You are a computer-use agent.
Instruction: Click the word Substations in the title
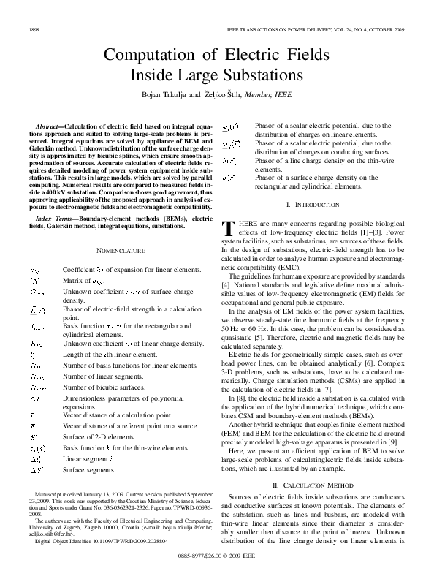click(253, 75)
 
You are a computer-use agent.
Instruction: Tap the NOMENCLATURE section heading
click(121, 250)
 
